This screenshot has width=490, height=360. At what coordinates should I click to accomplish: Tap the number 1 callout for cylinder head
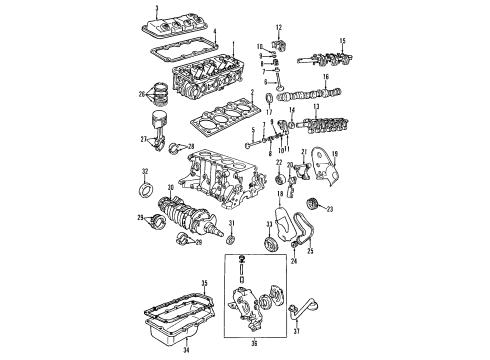(233, 45)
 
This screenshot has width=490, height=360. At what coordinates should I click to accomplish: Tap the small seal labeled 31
(232, 267)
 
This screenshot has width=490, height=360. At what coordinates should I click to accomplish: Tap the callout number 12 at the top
(279, 24)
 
